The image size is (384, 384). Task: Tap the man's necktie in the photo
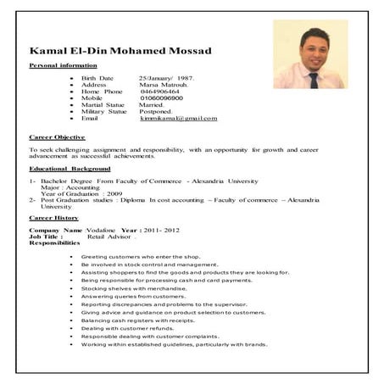tap(313, 80)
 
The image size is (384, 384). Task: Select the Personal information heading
tap(63, 65)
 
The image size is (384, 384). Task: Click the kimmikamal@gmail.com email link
tap(178, 118)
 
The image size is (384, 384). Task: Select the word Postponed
tap(155, 111)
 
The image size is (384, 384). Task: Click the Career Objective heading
tap(57, 136)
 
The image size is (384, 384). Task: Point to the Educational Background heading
tap(70, 169)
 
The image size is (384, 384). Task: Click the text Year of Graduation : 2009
tap(75, 193)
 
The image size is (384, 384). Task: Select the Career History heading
tap(53, 218)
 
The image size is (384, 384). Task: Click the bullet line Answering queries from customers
tap(133, 296)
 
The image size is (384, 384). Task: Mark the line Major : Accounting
tap(67, 187)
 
